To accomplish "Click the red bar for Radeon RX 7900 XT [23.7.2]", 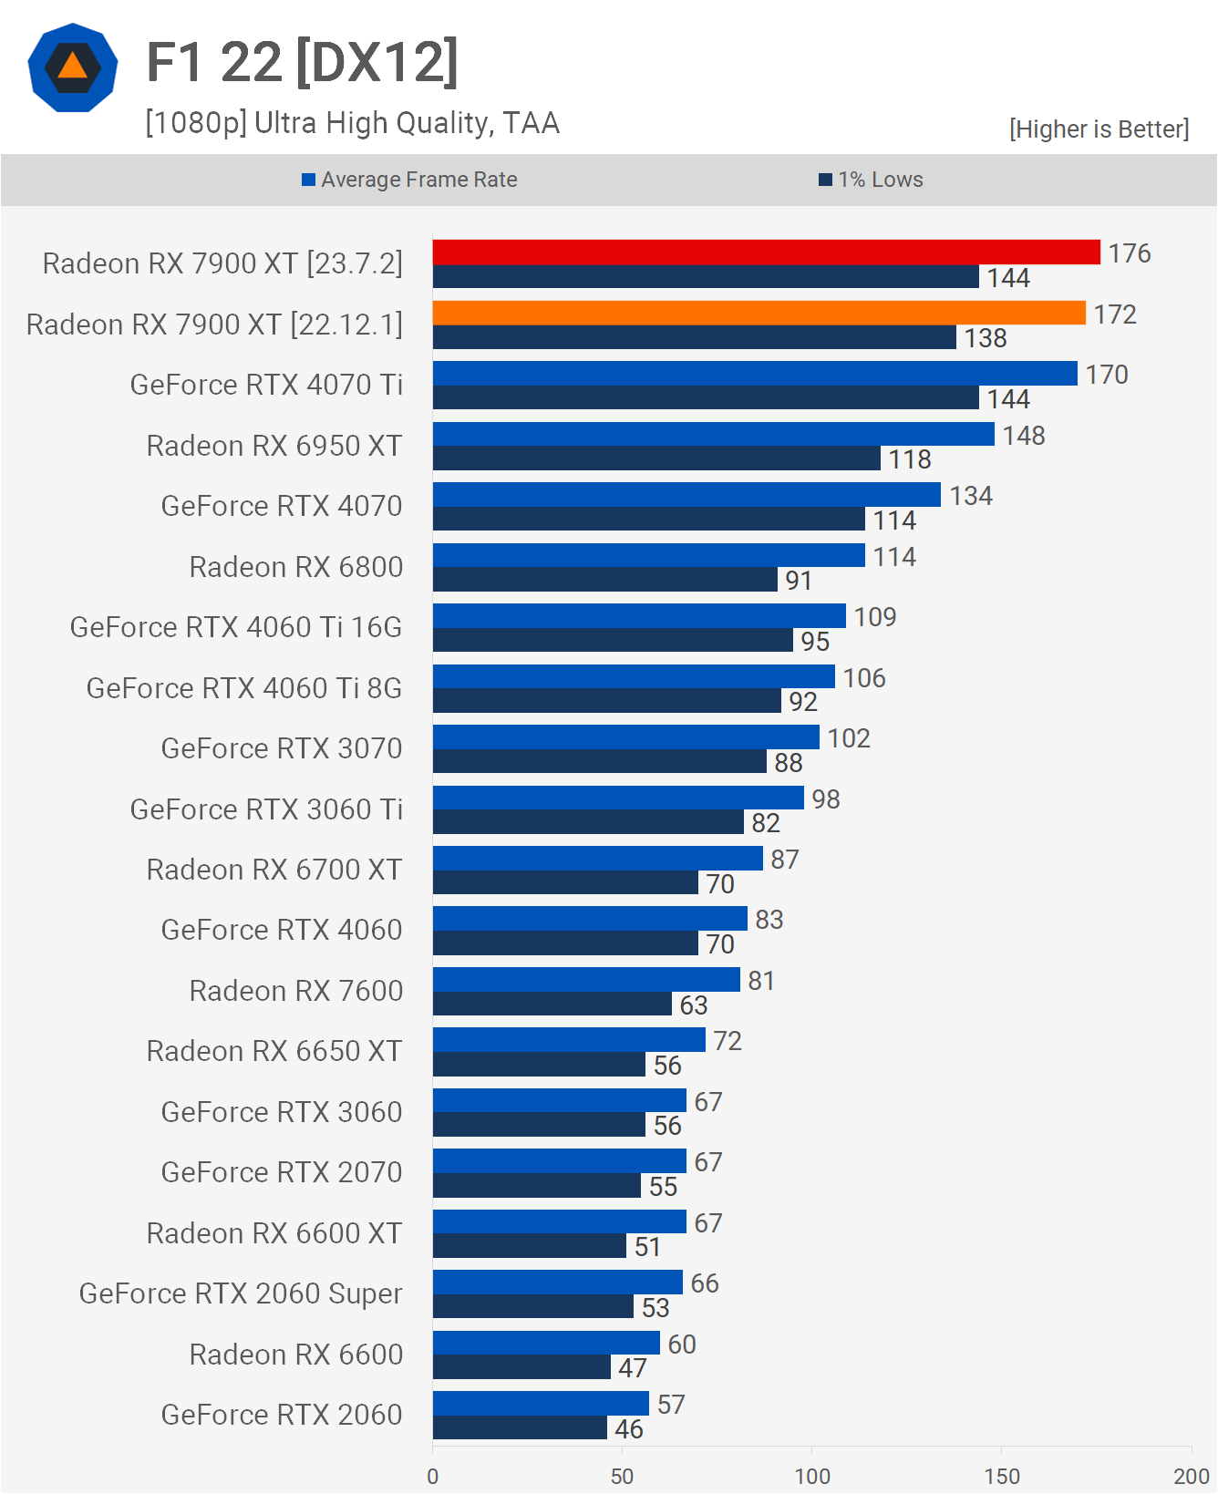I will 766,252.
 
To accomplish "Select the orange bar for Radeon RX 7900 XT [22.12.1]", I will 759,314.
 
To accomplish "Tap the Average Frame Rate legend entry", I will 410,180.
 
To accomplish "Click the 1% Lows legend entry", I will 872,180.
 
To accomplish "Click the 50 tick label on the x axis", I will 622,1476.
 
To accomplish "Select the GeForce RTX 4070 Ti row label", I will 266,385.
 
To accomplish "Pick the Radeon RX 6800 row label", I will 295,567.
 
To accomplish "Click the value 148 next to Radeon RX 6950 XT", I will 1024,436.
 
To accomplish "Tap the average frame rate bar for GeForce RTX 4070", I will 686,495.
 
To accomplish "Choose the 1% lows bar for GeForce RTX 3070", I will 599,762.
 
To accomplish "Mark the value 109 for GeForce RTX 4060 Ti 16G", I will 875,617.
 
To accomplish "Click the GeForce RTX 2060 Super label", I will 241,1293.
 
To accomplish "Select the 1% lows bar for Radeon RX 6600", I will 521,1367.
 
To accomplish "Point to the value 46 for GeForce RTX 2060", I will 629,1428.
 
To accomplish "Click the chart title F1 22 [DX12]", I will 302,62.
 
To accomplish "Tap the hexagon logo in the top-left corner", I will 73,68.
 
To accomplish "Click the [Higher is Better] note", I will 1099,129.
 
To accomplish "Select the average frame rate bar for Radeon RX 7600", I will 586,980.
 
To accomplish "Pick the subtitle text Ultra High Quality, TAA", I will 407,123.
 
